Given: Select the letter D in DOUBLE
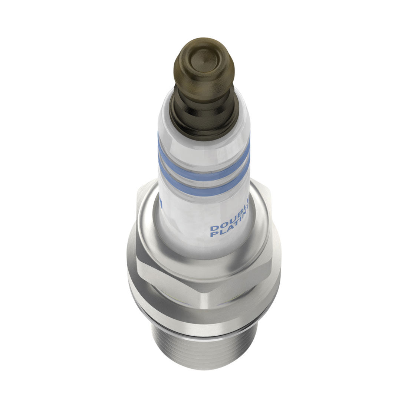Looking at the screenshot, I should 213,228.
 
